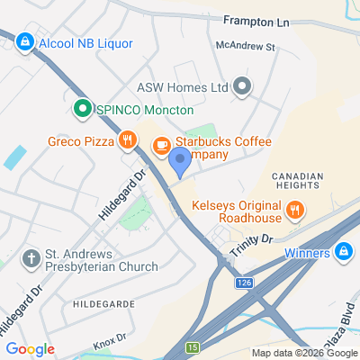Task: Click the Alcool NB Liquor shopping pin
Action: click(x=25, y=41)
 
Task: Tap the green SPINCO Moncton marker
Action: click(x=81, y=109)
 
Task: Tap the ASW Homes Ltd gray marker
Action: click(x=241, y=87)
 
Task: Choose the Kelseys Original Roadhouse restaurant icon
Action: click(x=294, y=211)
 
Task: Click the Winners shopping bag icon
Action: click(x=342, y=252)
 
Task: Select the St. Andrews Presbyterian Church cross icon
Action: click(x=31, y=259)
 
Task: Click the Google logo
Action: click(x=30, y=349)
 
